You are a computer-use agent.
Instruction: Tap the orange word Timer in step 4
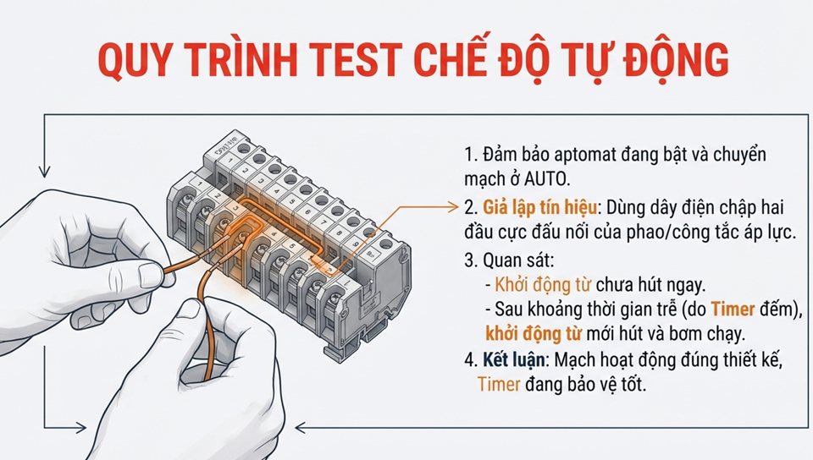click(x=499, y=383)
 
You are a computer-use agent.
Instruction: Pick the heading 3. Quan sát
click(x=508, y=259)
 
